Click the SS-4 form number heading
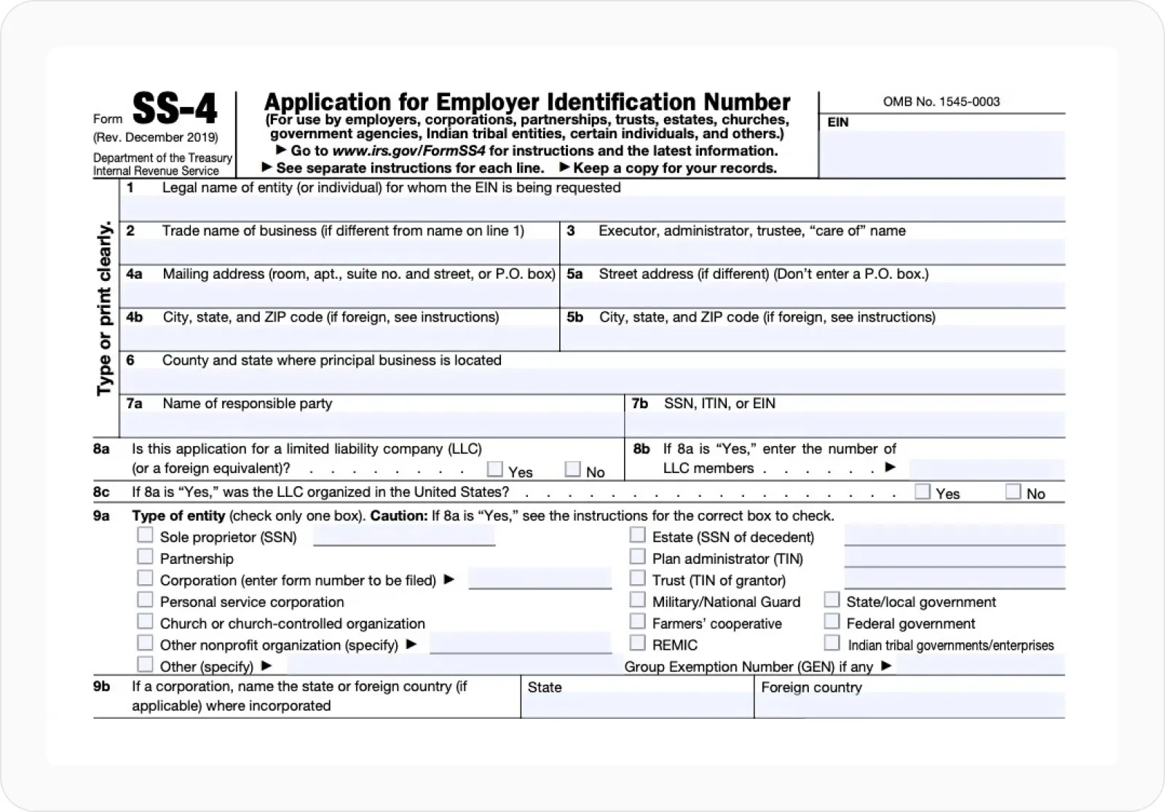click(175, 109)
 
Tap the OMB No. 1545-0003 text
click(941, 102)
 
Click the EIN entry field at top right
click(941, 154)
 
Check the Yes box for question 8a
click(495, 469)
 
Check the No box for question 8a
click(573, 469)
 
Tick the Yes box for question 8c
click(923, 492)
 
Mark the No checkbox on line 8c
click(1013, 492)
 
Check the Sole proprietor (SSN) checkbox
click(146, 536)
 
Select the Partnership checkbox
click(146, 557)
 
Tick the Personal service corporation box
click(146, 600)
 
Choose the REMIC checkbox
click(638, 643)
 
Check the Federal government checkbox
click(832, 621)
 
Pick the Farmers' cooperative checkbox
click(638, 621)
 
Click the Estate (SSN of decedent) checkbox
click(638, 536)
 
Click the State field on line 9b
click(637, 705)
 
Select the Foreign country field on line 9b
click(909, 705)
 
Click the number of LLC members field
click(986, 469)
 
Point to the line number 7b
click(640, 404)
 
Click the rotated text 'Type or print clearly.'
click(105, 309)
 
